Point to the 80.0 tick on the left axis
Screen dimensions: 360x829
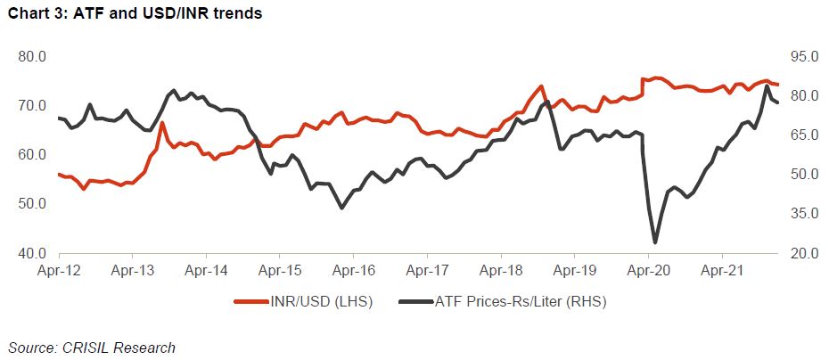pos(32,57)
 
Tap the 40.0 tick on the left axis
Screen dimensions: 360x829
pos(32,254)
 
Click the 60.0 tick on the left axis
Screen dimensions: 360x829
pos(32,155)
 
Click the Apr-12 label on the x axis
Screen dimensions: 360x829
pos(58,267)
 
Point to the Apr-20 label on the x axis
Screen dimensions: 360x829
pos(648,267)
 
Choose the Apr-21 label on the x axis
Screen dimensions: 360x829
pos(722,267)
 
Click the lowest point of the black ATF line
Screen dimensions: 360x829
pos(655,241)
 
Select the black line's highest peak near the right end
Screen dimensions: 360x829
pos(767,86)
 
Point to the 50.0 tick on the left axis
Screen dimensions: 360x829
pos(32,204)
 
